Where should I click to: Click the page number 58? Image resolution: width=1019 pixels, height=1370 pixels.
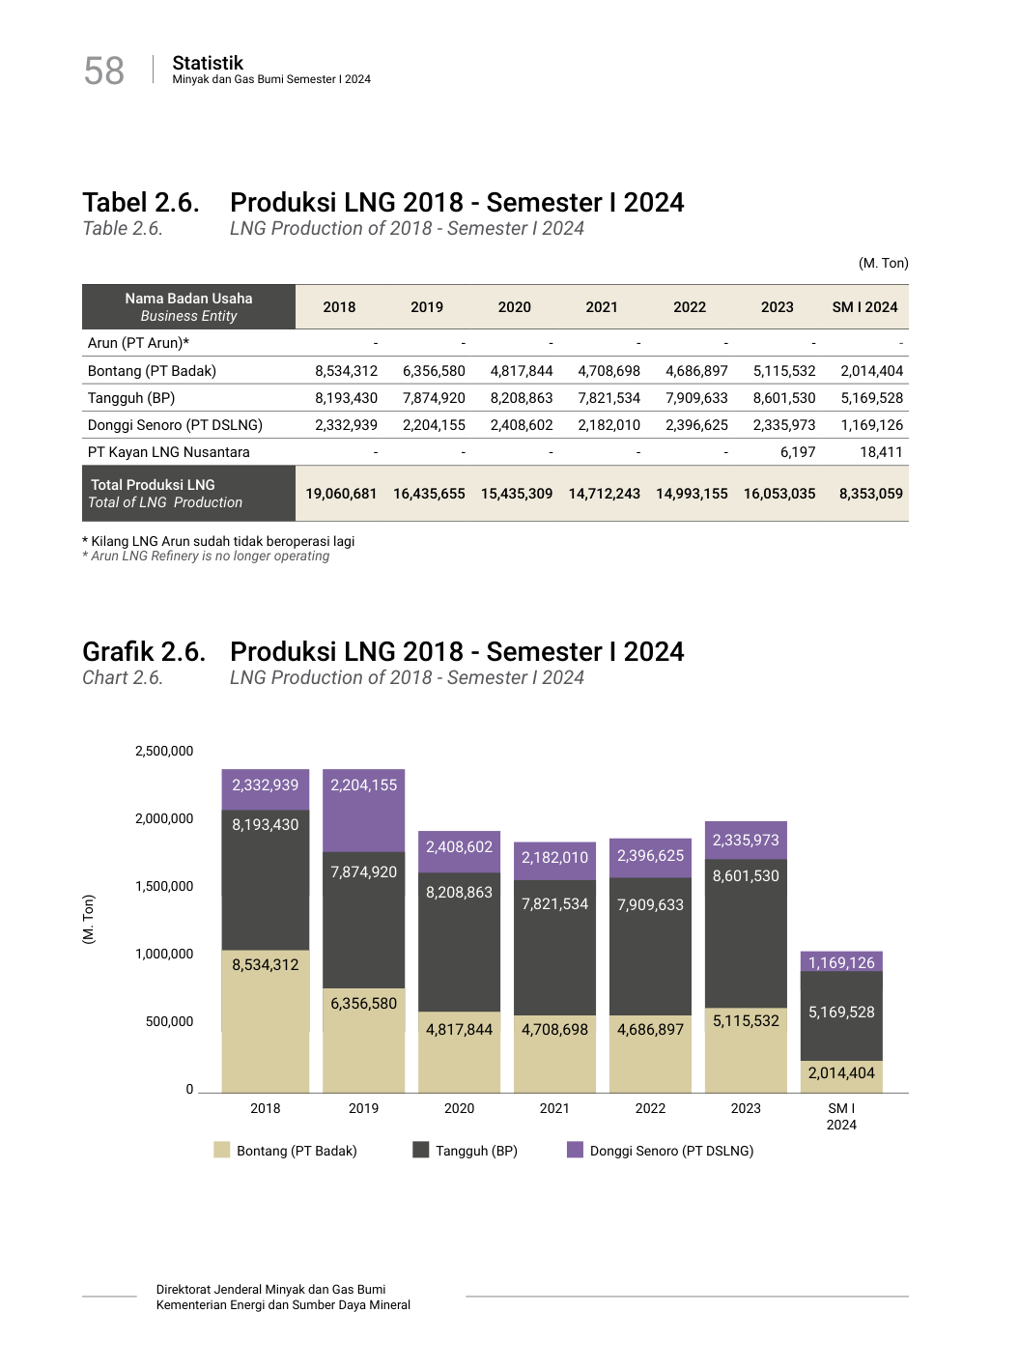click(104, 71)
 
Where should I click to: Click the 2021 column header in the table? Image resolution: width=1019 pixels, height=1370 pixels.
click(601, 307)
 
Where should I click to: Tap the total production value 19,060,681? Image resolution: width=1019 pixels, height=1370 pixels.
click(341, 494)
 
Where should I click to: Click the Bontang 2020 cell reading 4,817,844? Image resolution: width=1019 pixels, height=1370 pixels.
click(522, 371)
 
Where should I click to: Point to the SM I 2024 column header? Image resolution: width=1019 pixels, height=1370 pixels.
click(864, 307)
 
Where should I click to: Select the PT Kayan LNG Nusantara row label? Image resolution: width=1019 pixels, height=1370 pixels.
click(168, 452)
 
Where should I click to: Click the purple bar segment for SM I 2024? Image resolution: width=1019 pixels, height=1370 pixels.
click(841, 961)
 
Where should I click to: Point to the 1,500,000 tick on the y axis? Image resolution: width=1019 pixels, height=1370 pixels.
click(164, 886)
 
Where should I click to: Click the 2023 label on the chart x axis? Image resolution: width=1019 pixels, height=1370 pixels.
click(746, 1108)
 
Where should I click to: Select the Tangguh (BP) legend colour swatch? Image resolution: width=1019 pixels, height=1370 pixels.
click(420, 1150)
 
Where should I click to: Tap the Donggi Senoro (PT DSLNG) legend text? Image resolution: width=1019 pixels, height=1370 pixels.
click(671, 1151)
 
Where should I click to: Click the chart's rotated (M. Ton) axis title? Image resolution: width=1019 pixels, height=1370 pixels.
click(89, 919)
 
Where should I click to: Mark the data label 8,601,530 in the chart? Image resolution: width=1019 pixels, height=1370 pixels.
click(746, 876)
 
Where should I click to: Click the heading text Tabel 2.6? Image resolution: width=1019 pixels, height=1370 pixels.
click(141, 203)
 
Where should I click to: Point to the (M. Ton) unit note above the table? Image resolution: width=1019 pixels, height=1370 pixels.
click(883, 263)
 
